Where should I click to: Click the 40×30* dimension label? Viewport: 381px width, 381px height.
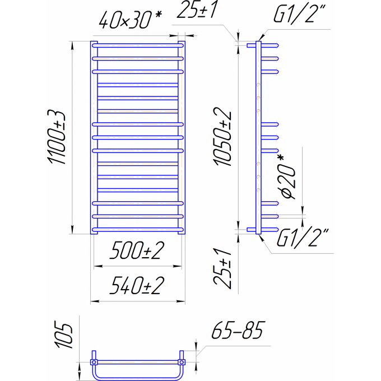pos(130,20)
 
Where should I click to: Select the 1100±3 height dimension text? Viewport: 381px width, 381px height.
pos(57,137)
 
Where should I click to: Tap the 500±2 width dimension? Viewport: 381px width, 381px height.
pos(137,250)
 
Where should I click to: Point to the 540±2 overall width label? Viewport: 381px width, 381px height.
pos(137,286)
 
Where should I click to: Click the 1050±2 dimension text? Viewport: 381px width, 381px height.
pos(222,137)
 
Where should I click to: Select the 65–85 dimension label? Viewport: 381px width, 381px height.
pos(238,330)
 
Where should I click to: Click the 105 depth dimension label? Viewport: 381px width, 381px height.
pos(64,334)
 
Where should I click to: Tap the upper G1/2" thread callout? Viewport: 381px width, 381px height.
pos(299,15)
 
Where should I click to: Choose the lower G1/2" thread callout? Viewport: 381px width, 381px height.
pos(303,238)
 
